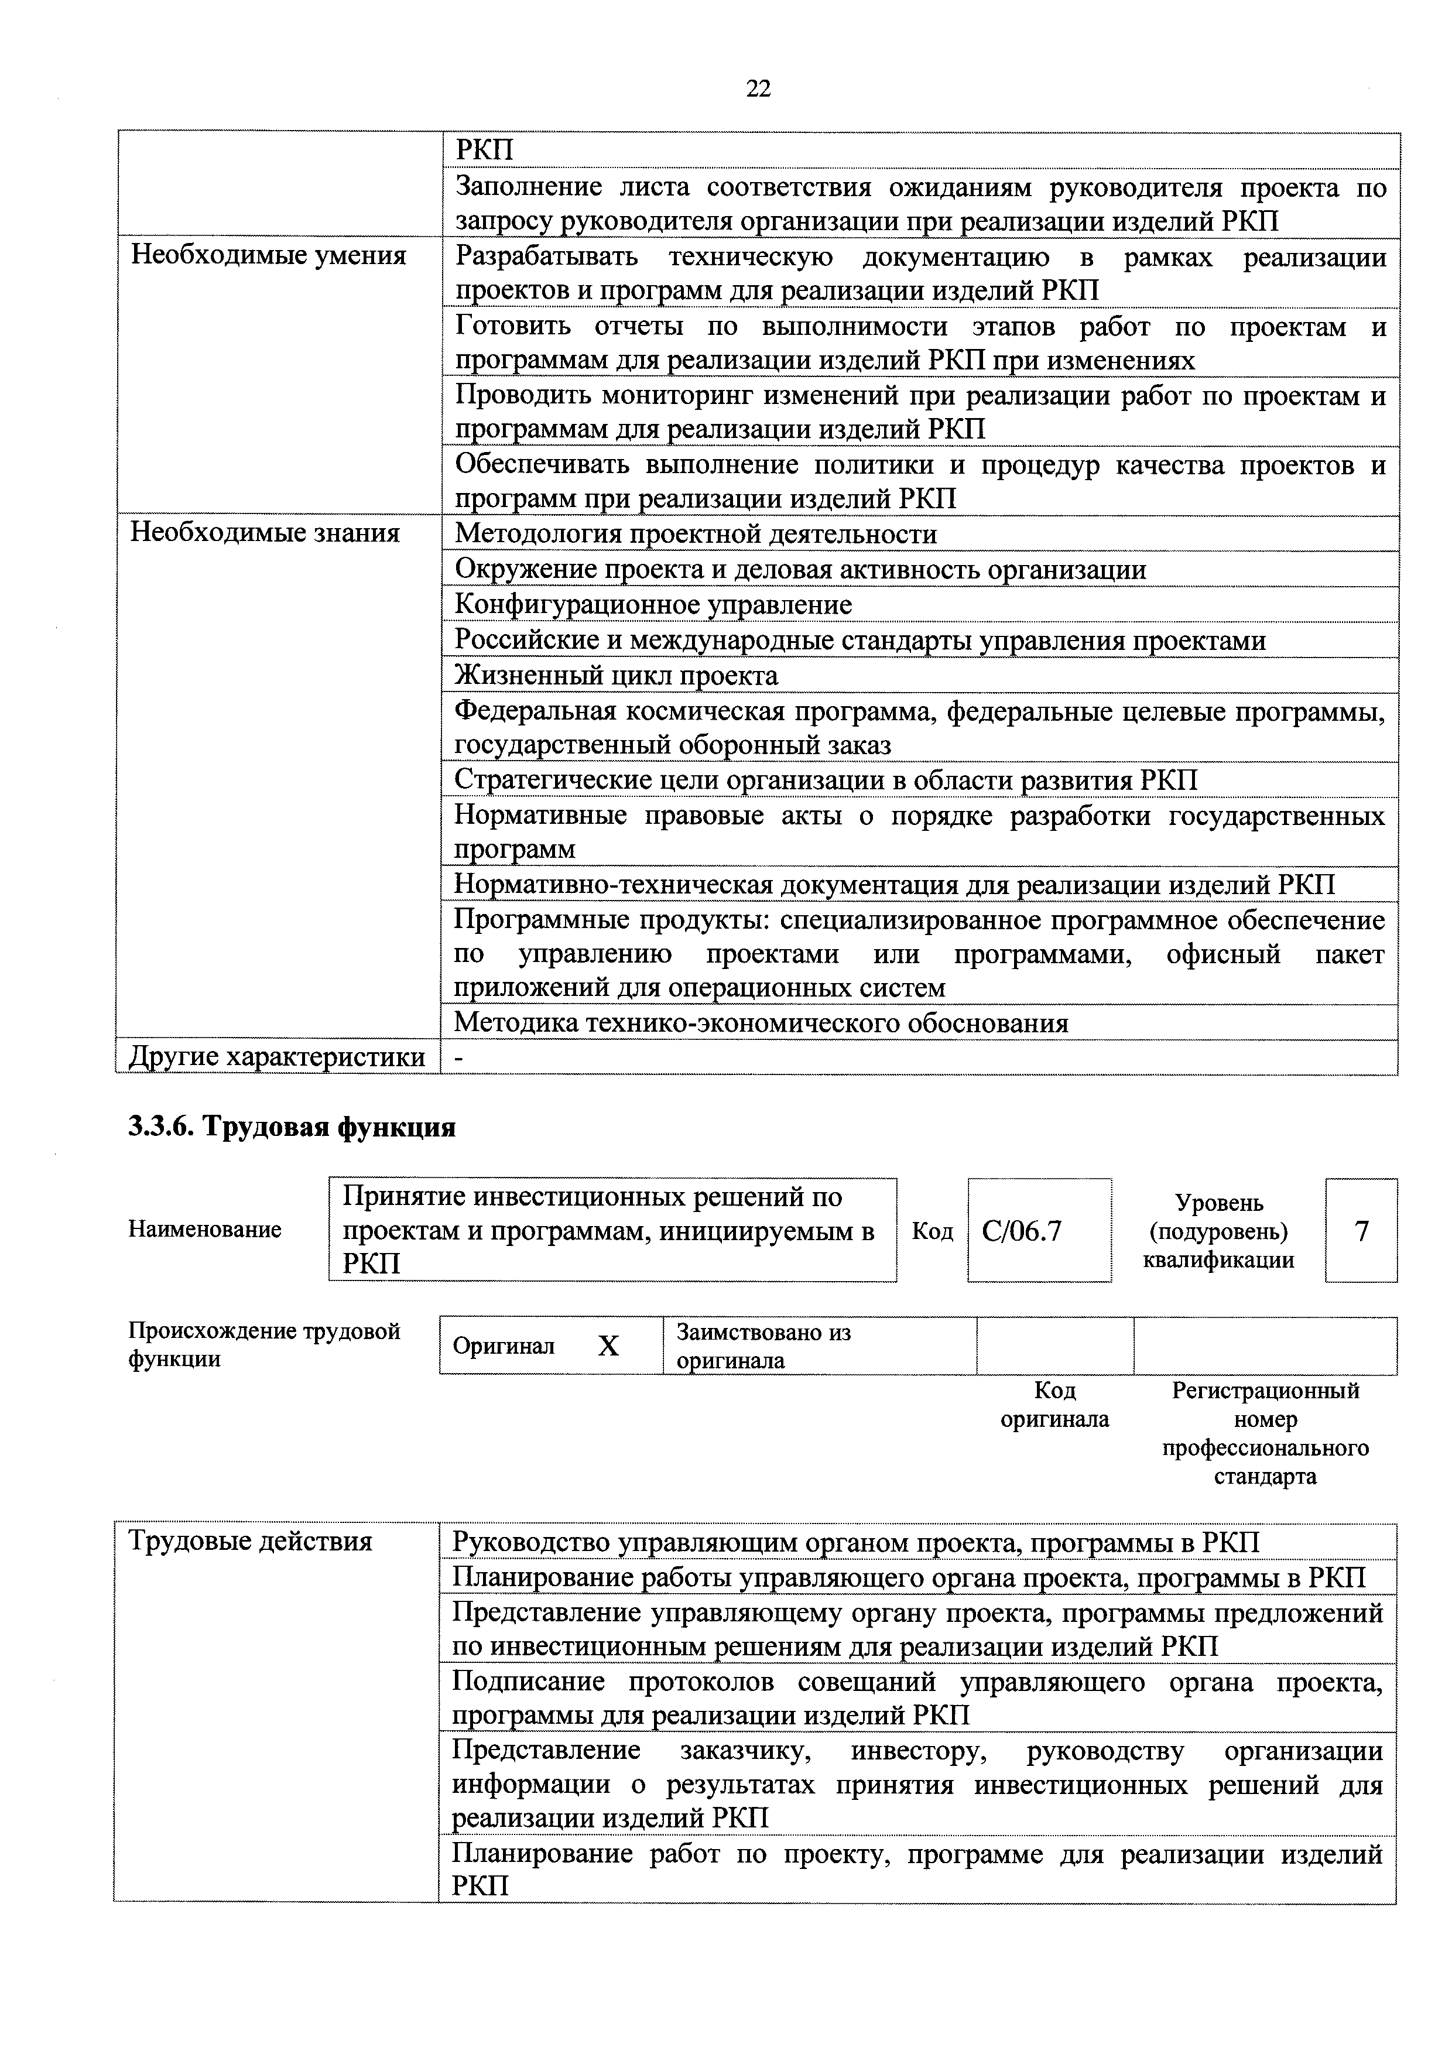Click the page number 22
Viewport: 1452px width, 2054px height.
757,88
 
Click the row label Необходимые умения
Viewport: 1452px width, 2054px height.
268,256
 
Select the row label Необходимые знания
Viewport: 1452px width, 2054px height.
265,533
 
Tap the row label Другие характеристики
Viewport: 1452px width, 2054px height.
278,1057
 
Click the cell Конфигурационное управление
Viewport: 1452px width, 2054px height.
653,605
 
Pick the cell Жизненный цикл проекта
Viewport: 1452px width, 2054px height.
617,676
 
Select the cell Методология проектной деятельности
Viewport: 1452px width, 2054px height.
696,534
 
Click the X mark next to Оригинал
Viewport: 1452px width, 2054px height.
608,1346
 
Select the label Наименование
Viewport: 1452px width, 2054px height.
205,1229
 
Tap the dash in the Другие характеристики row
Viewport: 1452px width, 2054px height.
460,1058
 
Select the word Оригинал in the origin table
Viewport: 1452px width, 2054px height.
504,1346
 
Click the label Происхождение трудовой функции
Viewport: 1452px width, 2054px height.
264,1346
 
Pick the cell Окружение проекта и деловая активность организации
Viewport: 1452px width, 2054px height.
800,570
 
